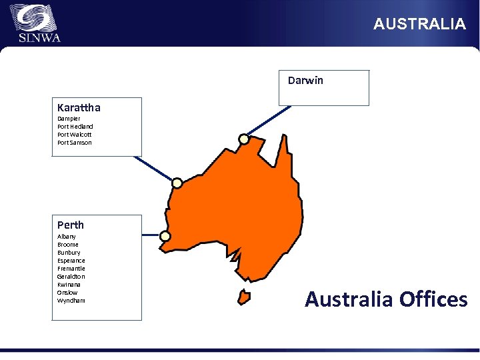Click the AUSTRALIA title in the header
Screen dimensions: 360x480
click(x=419, y=24)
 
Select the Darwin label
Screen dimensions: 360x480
click(x=305, y=81)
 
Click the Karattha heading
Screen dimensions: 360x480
click(x=79, y=107)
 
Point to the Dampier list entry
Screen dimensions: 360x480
click(x=69, y=119)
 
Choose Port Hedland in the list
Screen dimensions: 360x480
click(x=75, y=127)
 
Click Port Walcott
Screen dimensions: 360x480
click(x=75, y=135)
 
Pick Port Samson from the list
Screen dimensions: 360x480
click(x=75, y=143)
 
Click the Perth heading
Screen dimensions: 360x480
click(x=71, y=225)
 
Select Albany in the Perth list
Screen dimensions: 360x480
click(x=67, y=237)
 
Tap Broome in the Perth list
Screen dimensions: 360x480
click(x=68, y=245)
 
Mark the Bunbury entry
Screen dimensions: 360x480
click(x=69, y=253)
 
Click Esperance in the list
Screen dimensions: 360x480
click(x=71, y=261)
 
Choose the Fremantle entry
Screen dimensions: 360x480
click(x=71, y=269)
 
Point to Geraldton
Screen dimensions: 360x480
click(x=71, y=277)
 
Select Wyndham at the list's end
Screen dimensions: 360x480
click(x=71, y=301)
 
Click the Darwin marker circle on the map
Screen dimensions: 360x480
click(x=244, y=139)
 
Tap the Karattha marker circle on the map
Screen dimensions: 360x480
click(x=177, y=183)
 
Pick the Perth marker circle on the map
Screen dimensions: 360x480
click(x=165, y=235)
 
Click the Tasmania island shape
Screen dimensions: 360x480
click(x=244, y=295)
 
